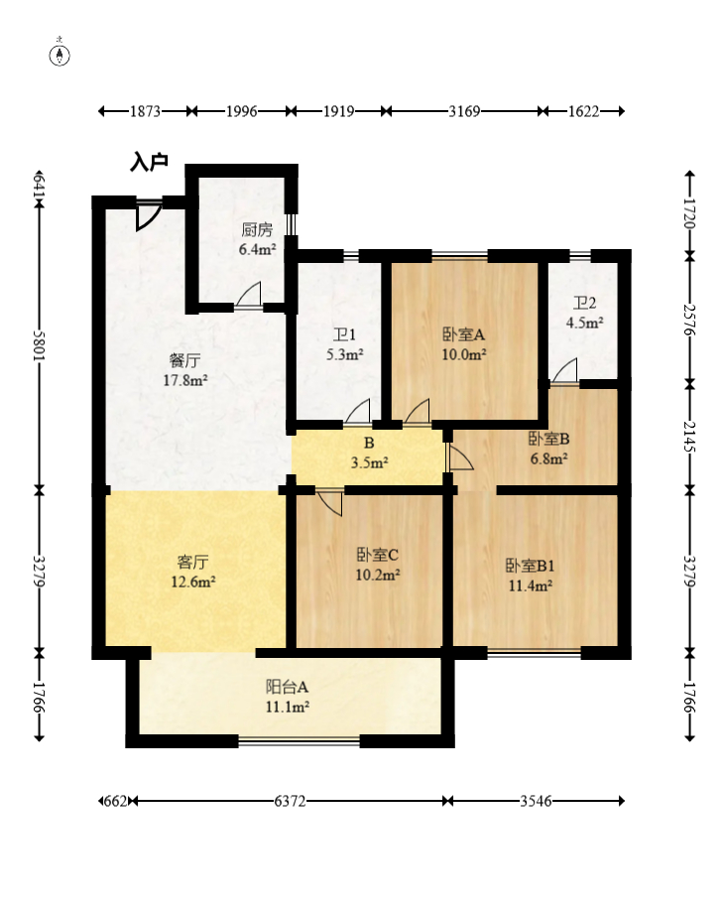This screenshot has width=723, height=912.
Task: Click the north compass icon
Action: tap(60, 55)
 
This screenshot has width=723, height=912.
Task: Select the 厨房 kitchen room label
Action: tap(257, 229)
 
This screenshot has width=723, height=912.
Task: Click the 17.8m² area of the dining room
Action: tap(185, 380)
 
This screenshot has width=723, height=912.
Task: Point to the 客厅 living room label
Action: tap(193, 562)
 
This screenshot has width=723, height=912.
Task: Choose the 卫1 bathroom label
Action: tap(344, 334)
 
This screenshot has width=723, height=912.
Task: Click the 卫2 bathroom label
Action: tap(585, 303)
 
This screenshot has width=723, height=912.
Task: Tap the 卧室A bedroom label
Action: tap(464, 334)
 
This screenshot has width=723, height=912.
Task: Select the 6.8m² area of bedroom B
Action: tap(548, 458)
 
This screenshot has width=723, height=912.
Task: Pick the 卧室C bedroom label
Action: tap(377, 555)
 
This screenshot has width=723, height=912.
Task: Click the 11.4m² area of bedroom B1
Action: tap(530, 586)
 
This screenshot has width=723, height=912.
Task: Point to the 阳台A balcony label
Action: tap(287, 687)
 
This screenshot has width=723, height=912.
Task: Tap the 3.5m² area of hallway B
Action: tap(370, 463)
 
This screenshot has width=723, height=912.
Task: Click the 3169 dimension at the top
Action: tap(464, 111)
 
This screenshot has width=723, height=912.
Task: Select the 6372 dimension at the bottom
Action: tap(290, 802)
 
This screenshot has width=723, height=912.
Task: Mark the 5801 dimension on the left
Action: tap(39, 345)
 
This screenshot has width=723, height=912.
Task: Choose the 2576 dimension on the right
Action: tap(690, 320)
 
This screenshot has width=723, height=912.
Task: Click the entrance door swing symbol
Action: tap(147, 214)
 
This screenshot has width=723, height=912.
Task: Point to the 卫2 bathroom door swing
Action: tap(565, 370)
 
